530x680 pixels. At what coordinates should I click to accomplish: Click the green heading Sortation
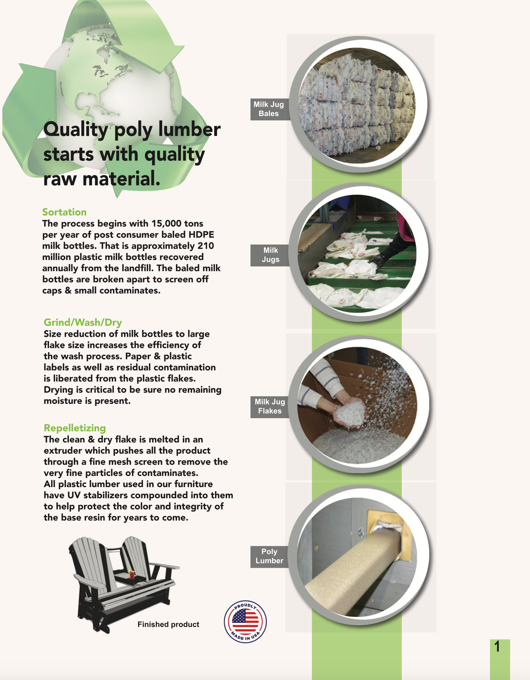tap(64, 212)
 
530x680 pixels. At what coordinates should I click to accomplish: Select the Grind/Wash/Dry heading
tap(83, 322)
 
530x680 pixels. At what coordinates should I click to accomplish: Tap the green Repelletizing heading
tap(75, 428)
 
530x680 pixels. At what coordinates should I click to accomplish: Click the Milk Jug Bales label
tap(269, 109)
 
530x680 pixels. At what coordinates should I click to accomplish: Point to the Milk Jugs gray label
tap(270, 255)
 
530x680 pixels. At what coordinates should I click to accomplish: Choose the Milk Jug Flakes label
tap(270, 406)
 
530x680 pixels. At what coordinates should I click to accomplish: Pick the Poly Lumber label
tap(269, 556)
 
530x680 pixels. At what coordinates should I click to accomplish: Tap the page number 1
tap(498, 647)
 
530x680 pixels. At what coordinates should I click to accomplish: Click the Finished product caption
tap(168, 624)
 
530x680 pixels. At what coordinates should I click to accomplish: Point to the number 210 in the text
tap(206, 246)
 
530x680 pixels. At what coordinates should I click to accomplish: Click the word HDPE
tap(202, 235)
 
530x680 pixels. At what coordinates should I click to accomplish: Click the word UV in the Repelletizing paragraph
tap(74, 495)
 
